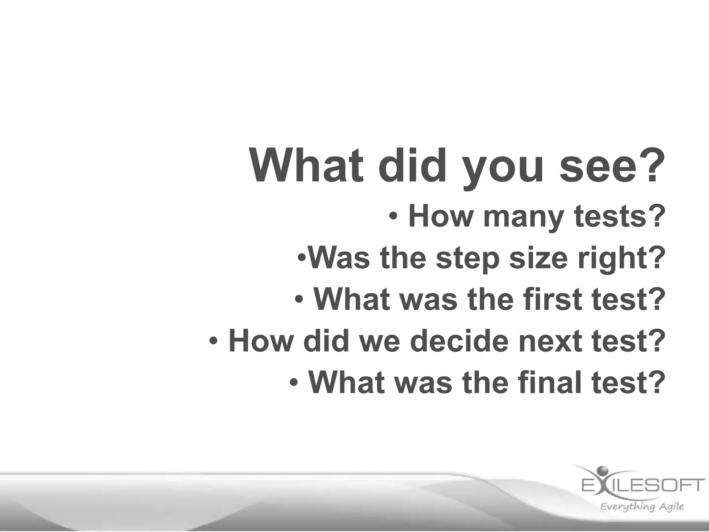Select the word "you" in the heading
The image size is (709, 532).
pyautogui.click(x=503, y=170)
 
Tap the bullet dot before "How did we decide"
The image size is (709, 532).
pyautogui.click(x=214, y=342)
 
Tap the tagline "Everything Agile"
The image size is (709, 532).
pyautogui.click(x=642, y=507)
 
